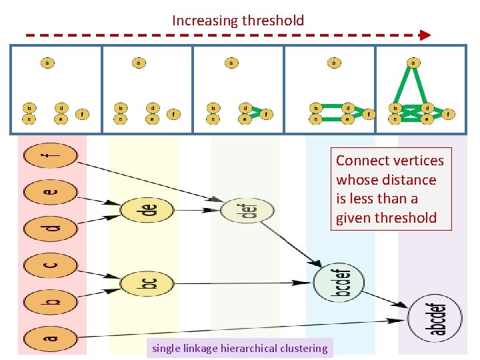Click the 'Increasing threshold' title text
point(238,21)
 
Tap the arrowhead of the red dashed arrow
point(424,34)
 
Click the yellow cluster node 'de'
point(147,211)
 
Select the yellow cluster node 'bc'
point(147,283)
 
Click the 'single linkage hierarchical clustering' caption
point(240,348)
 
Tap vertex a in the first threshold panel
point(47,63)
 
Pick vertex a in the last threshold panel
point(413,63)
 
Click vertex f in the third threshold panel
point(265,114)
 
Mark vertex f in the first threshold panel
point(82,114)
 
